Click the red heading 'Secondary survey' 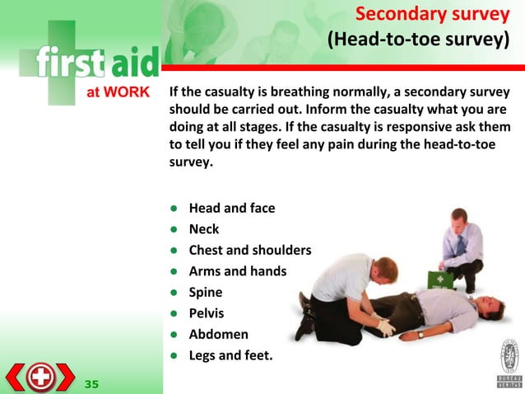431,15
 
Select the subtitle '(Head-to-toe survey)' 417,40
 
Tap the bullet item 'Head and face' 231,208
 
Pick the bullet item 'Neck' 204,229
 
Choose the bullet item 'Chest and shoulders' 249,250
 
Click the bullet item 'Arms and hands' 237,270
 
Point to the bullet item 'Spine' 206,292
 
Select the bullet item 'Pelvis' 207,313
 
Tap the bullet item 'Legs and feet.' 230,355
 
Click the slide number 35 91,383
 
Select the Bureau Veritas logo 509,362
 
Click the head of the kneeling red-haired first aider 384,269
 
